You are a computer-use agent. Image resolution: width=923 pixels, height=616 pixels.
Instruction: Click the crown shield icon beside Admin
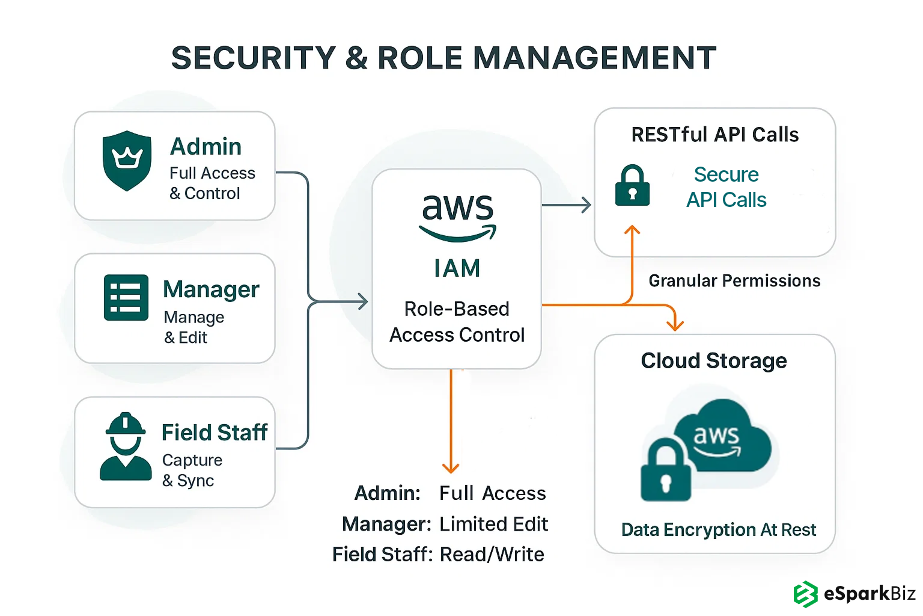127,161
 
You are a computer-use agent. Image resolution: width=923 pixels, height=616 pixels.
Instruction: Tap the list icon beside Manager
126,298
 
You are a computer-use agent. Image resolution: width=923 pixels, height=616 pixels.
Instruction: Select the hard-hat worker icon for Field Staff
126,446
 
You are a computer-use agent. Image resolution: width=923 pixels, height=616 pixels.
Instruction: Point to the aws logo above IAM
458,216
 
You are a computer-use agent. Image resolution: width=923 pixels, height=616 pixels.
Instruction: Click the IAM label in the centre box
457,268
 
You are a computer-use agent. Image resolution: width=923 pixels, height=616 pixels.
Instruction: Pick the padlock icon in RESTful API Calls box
632,186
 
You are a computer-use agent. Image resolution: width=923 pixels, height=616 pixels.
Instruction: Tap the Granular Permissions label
734,281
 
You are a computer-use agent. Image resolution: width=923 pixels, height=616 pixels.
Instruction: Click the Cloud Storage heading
714,361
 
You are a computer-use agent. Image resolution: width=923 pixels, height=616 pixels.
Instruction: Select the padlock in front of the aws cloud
666,472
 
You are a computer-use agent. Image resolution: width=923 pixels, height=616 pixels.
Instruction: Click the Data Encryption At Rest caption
719,530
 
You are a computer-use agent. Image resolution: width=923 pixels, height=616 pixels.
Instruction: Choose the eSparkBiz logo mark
805,594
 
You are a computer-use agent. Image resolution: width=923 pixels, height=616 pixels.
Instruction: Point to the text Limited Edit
493,525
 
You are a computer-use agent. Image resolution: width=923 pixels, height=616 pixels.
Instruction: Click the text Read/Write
492,555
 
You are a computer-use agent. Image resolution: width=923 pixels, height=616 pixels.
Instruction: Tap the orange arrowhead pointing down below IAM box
451,467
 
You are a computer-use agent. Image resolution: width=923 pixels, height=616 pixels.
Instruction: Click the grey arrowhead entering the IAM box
362,301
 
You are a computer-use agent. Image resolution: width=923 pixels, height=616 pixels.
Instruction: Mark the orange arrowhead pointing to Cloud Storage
675,325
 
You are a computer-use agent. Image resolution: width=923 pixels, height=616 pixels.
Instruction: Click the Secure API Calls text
727,187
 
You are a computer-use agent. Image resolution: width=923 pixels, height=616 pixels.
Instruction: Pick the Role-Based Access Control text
457,322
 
